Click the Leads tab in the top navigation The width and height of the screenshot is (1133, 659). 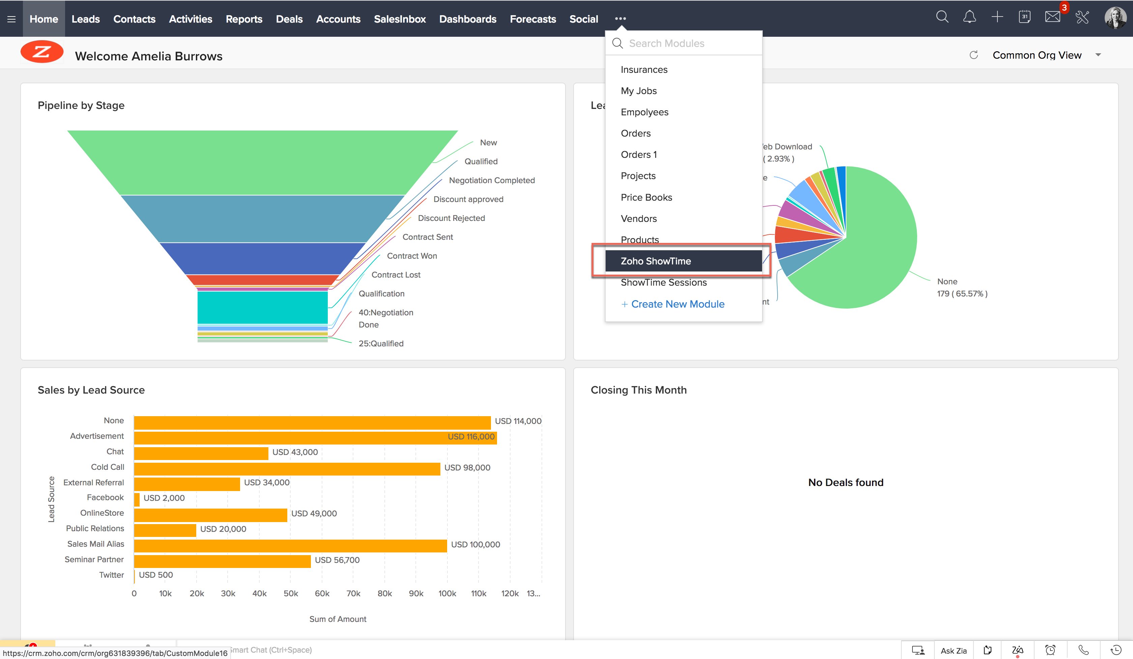pos(85,19)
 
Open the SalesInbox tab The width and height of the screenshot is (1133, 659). pos(399,19)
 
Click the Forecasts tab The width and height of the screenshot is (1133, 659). pos(532,19)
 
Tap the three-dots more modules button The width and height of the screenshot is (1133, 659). pos(620,19)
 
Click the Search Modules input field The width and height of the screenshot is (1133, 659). pos(688,44)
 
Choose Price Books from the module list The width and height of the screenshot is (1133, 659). pos(646,197)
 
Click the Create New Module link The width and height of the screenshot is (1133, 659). pos(677,304)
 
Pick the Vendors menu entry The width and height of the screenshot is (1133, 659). pos(638,219)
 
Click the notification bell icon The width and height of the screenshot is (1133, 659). pos(969,18)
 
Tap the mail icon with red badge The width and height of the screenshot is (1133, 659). pos(1052,18)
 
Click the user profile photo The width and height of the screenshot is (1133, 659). pos(1115,18)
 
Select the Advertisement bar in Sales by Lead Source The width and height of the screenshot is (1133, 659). pos(315,437)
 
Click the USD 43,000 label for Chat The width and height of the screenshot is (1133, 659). pos(295,452)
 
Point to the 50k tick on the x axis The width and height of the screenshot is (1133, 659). pos(290,593)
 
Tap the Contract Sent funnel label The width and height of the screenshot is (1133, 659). pos(427,237)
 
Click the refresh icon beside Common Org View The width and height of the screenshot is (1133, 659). pos(974,55)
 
